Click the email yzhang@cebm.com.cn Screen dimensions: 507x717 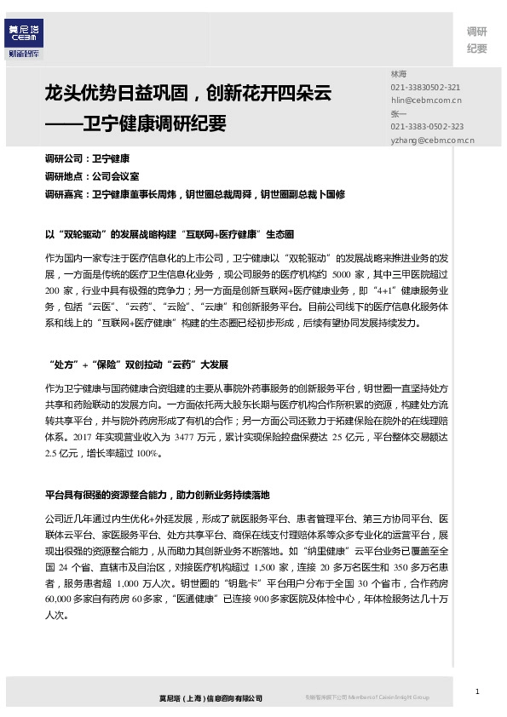[x=432, y=138]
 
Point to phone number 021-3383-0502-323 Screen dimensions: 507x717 [x=427, y=126]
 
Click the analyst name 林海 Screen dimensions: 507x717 [x=398, y=75]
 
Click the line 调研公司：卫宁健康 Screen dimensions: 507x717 [x=87, y=158]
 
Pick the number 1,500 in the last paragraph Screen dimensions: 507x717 [x=267, y=566]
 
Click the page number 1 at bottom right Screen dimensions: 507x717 [x=478, y=691]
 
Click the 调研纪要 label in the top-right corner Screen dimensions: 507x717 [x=476, y=40]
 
